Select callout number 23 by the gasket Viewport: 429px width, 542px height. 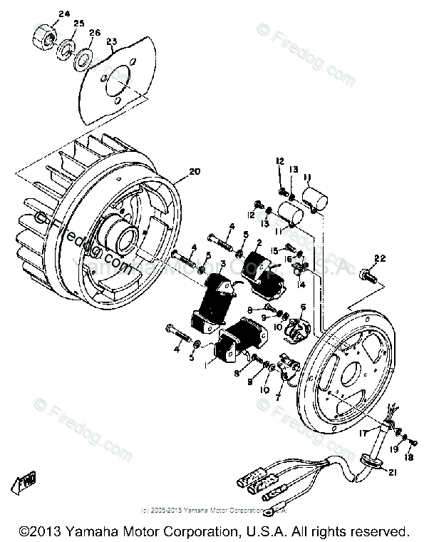coord(110,42)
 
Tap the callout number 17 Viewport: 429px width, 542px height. coord(363,432)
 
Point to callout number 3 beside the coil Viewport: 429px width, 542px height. coord(223,265)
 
